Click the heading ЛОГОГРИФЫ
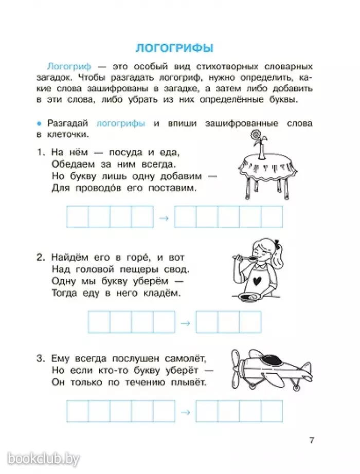(x=174, y=48)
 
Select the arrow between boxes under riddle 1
(x=164, y=217)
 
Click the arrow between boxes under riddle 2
(x=186, y=323)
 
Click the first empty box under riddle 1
(x=77, y=217)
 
